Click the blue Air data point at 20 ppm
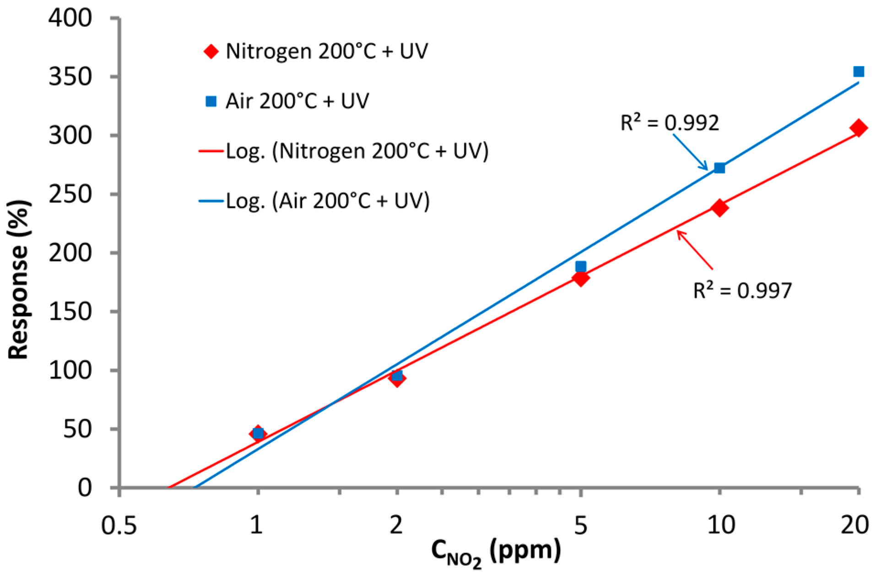858,71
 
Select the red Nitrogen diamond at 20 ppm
858,128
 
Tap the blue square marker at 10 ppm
719,168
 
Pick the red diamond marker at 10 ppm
719,208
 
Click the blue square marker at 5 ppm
580,266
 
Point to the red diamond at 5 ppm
580,278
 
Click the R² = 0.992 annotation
669,123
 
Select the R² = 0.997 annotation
742,290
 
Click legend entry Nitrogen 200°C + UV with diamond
316,51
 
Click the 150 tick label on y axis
70,312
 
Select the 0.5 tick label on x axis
119,525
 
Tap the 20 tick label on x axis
854,525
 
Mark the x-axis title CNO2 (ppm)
495,552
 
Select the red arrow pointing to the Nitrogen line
695,250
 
